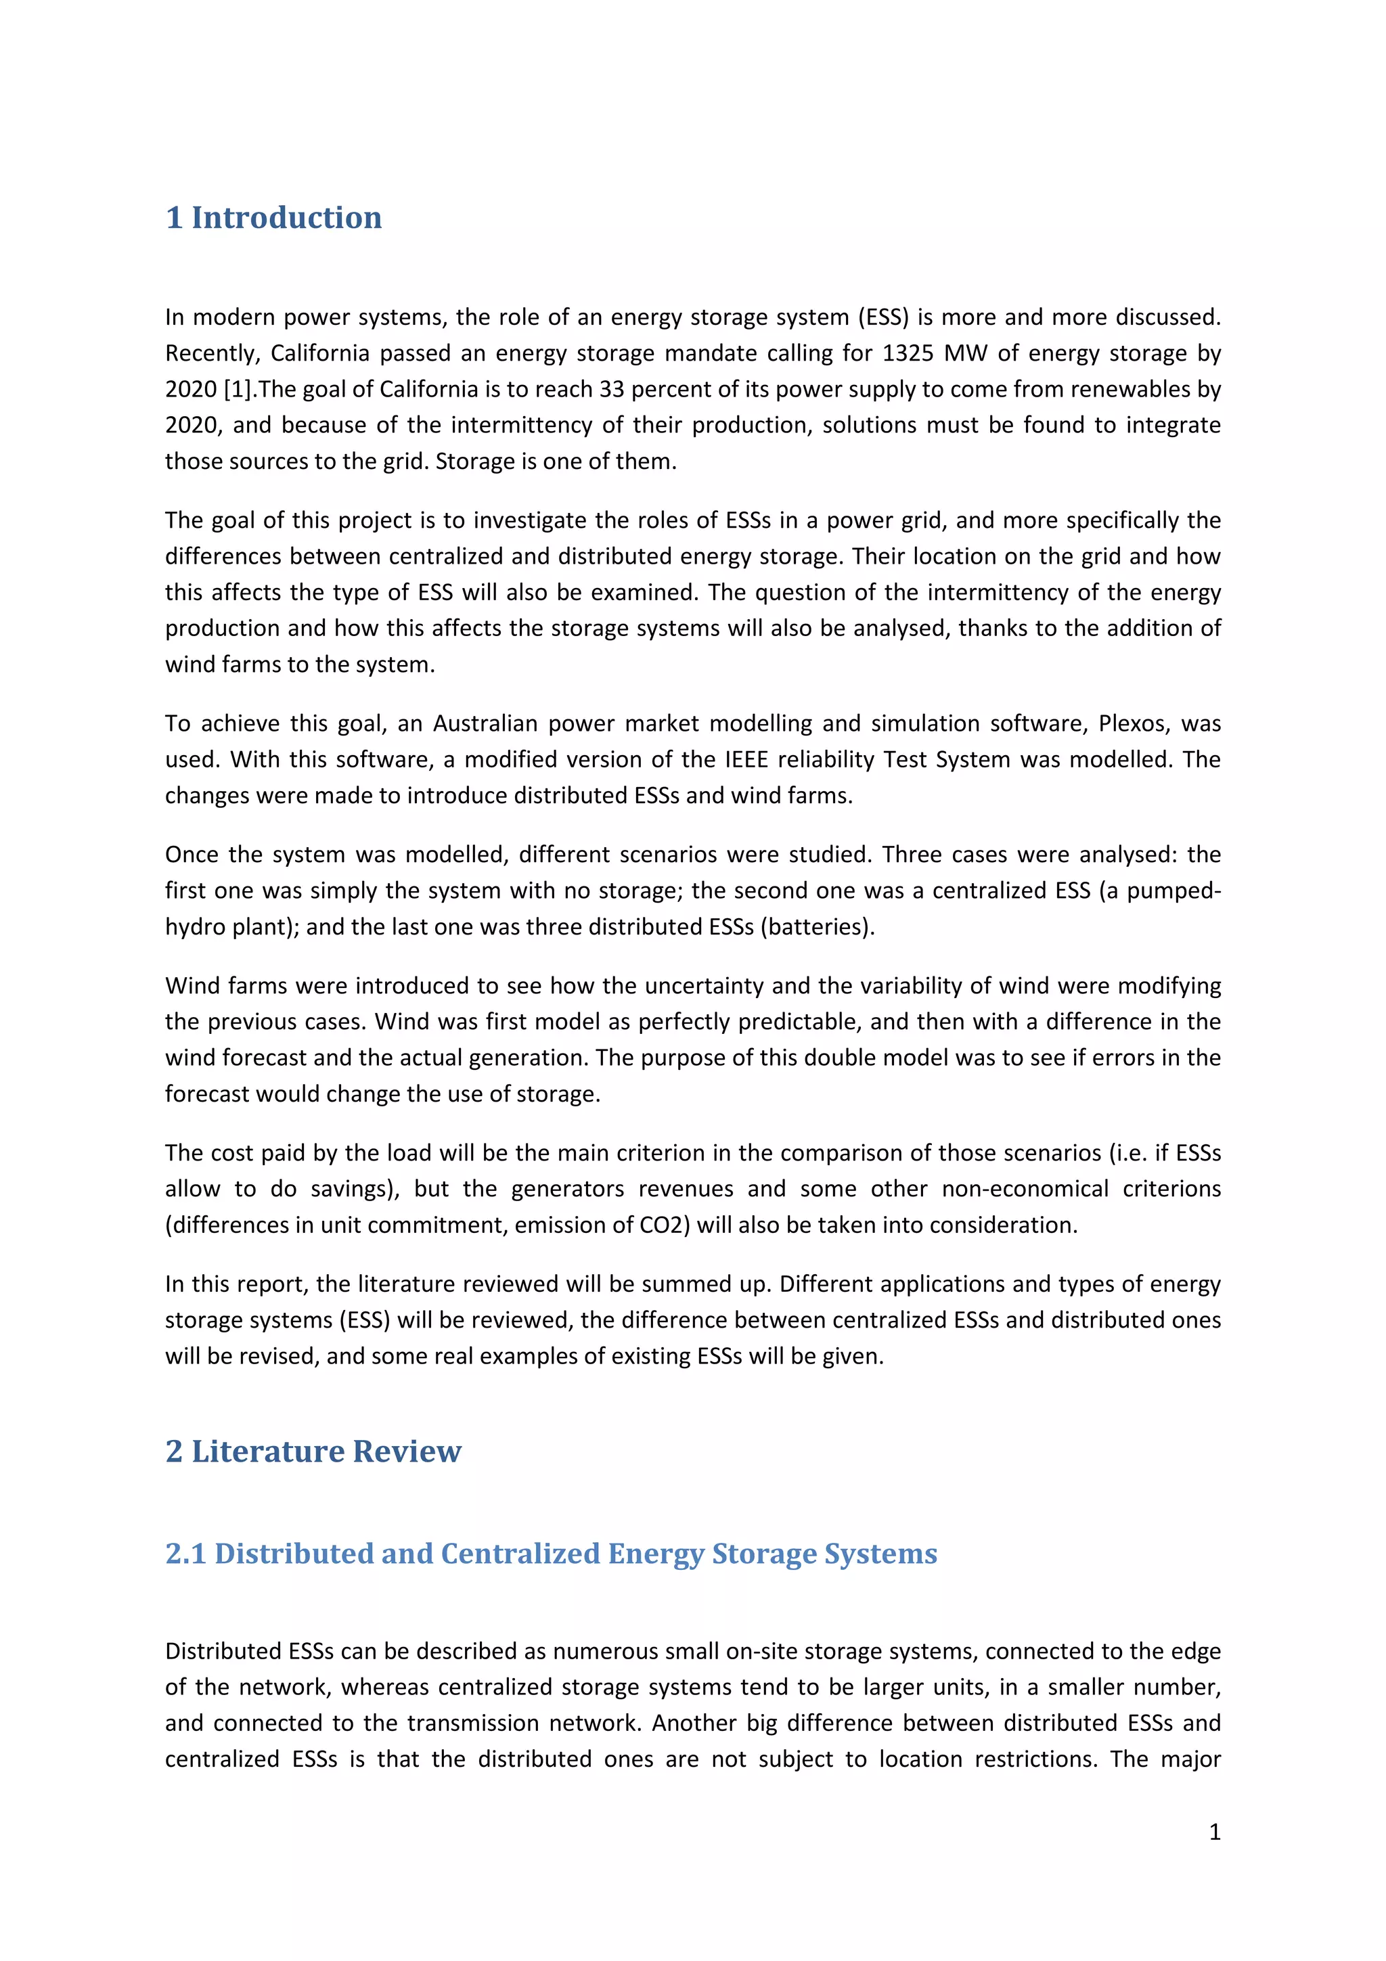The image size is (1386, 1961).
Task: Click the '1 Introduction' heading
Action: pyautogui.click(x=273, y=218)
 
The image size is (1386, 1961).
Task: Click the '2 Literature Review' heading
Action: pyautogui.click(x=313, y=1451)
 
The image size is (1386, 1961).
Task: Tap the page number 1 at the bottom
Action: pyautogui.click(x=1214, y=1832)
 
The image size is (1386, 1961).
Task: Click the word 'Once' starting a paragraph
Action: pyautogui.click(x=192, y=855)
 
